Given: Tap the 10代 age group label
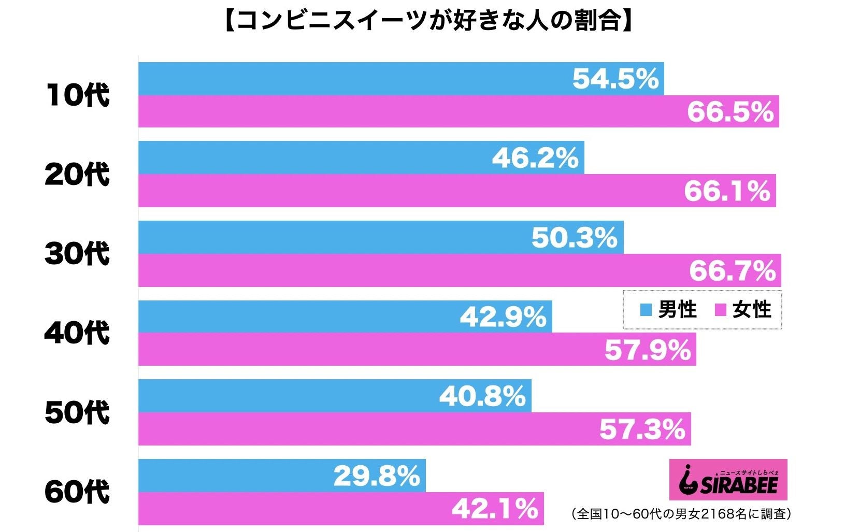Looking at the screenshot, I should coord(78,95).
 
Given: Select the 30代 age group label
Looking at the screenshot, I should coord(77,254).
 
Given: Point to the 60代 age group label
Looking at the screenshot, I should coord(77,492).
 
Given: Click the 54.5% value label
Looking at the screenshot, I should coord(615,79).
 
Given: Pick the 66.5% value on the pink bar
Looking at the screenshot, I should coord(730,112).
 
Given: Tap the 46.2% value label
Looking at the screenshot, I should coord(535,158).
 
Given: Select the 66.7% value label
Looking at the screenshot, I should coord(732,270).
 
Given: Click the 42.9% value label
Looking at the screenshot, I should coord(503,317).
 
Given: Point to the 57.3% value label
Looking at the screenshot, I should coord(642,429).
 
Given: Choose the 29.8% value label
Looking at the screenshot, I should coord(377,476).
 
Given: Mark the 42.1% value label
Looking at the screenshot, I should coord(495,509).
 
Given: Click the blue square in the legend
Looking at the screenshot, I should coord(646,310).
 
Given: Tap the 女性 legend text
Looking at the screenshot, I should coord(752,310).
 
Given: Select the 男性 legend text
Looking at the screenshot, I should coord(677,310).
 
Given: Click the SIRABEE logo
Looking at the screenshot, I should coord(728,480).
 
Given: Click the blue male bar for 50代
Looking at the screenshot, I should coord(285,396).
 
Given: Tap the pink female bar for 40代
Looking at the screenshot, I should coord(363,350).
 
